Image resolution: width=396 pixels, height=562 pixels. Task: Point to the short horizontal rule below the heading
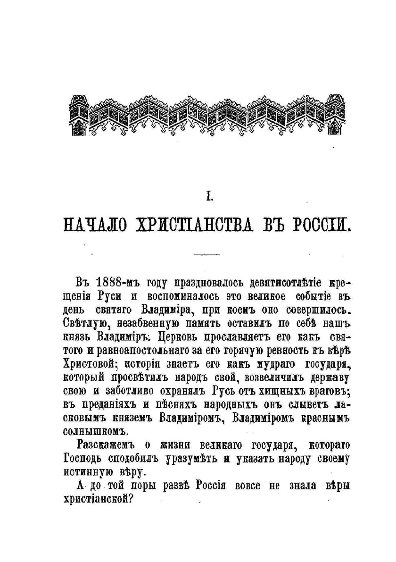pyautogui.click(x=207, y=255)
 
